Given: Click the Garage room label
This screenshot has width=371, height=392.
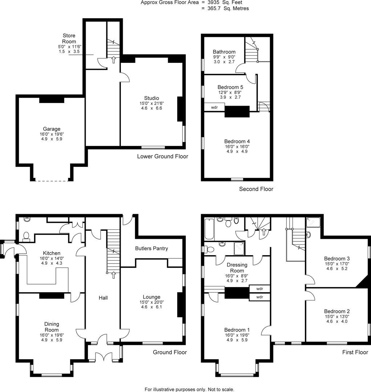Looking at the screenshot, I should click(x=51, y=129).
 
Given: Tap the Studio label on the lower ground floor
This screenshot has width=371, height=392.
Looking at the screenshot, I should click(x=151, y=98).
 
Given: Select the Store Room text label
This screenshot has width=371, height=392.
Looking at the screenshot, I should click(x=69, y=38).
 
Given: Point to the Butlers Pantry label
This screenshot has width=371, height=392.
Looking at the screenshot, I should click(x=151, y=249).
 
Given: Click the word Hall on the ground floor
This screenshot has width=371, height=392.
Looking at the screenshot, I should click(x=103, y=298).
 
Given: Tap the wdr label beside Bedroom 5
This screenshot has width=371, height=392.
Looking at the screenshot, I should click(x=214, y=107).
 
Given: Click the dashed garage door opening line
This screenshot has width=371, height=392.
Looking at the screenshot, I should click(x=51, y=180).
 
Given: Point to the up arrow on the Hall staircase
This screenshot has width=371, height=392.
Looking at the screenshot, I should click(x=114, y=275).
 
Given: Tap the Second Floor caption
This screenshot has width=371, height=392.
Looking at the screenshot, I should click(x=256, y=189).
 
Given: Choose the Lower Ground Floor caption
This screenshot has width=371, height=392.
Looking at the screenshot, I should click(x=162, y=156).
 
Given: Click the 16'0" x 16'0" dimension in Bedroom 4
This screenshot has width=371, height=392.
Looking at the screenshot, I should click(x=237, y=147).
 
